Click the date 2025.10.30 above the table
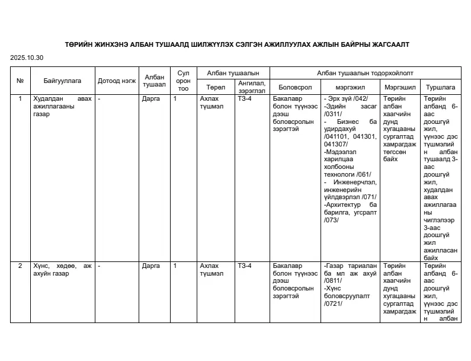[27, 57]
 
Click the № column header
[20, 80]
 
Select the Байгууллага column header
[62, 80]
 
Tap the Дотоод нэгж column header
[117, 80]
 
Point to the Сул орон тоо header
[184, 80]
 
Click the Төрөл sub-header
[216, 87]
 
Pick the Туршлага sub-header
[441, 87]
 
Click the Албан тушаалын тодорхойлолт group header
[365, 73]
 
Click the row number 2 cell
[20, 266]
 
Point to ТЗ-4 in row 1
[244, 99]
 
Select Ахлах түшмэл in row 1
[211, 103]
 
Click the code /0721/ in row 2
[334, 304]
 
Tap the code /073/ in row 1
[331, 220]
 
